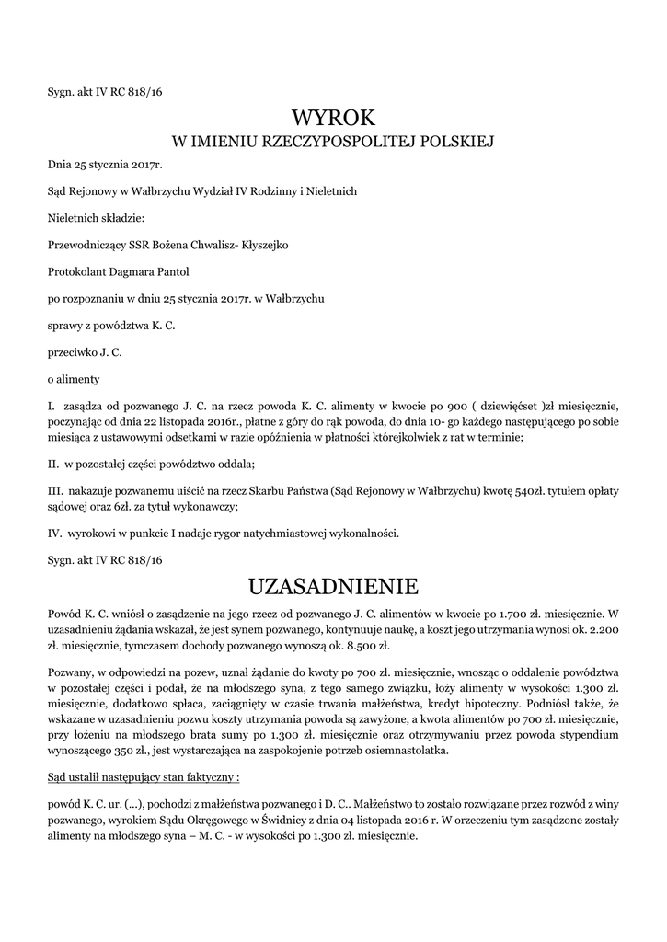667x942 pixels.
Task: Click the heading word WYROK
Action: (x=333, y=118)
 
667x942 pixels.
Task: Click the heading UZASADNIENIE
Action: (x=333, y=586)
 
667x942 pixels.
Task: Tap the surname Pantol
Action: (x=169, y=271)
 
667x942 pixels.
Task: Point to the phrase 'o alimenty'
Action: (x=74, y=378)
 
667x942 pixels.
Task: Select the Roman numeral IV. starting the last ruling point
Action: (x=54, y=533)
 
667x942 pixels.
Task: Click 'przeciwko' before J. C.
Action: (x=72, y=351)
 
